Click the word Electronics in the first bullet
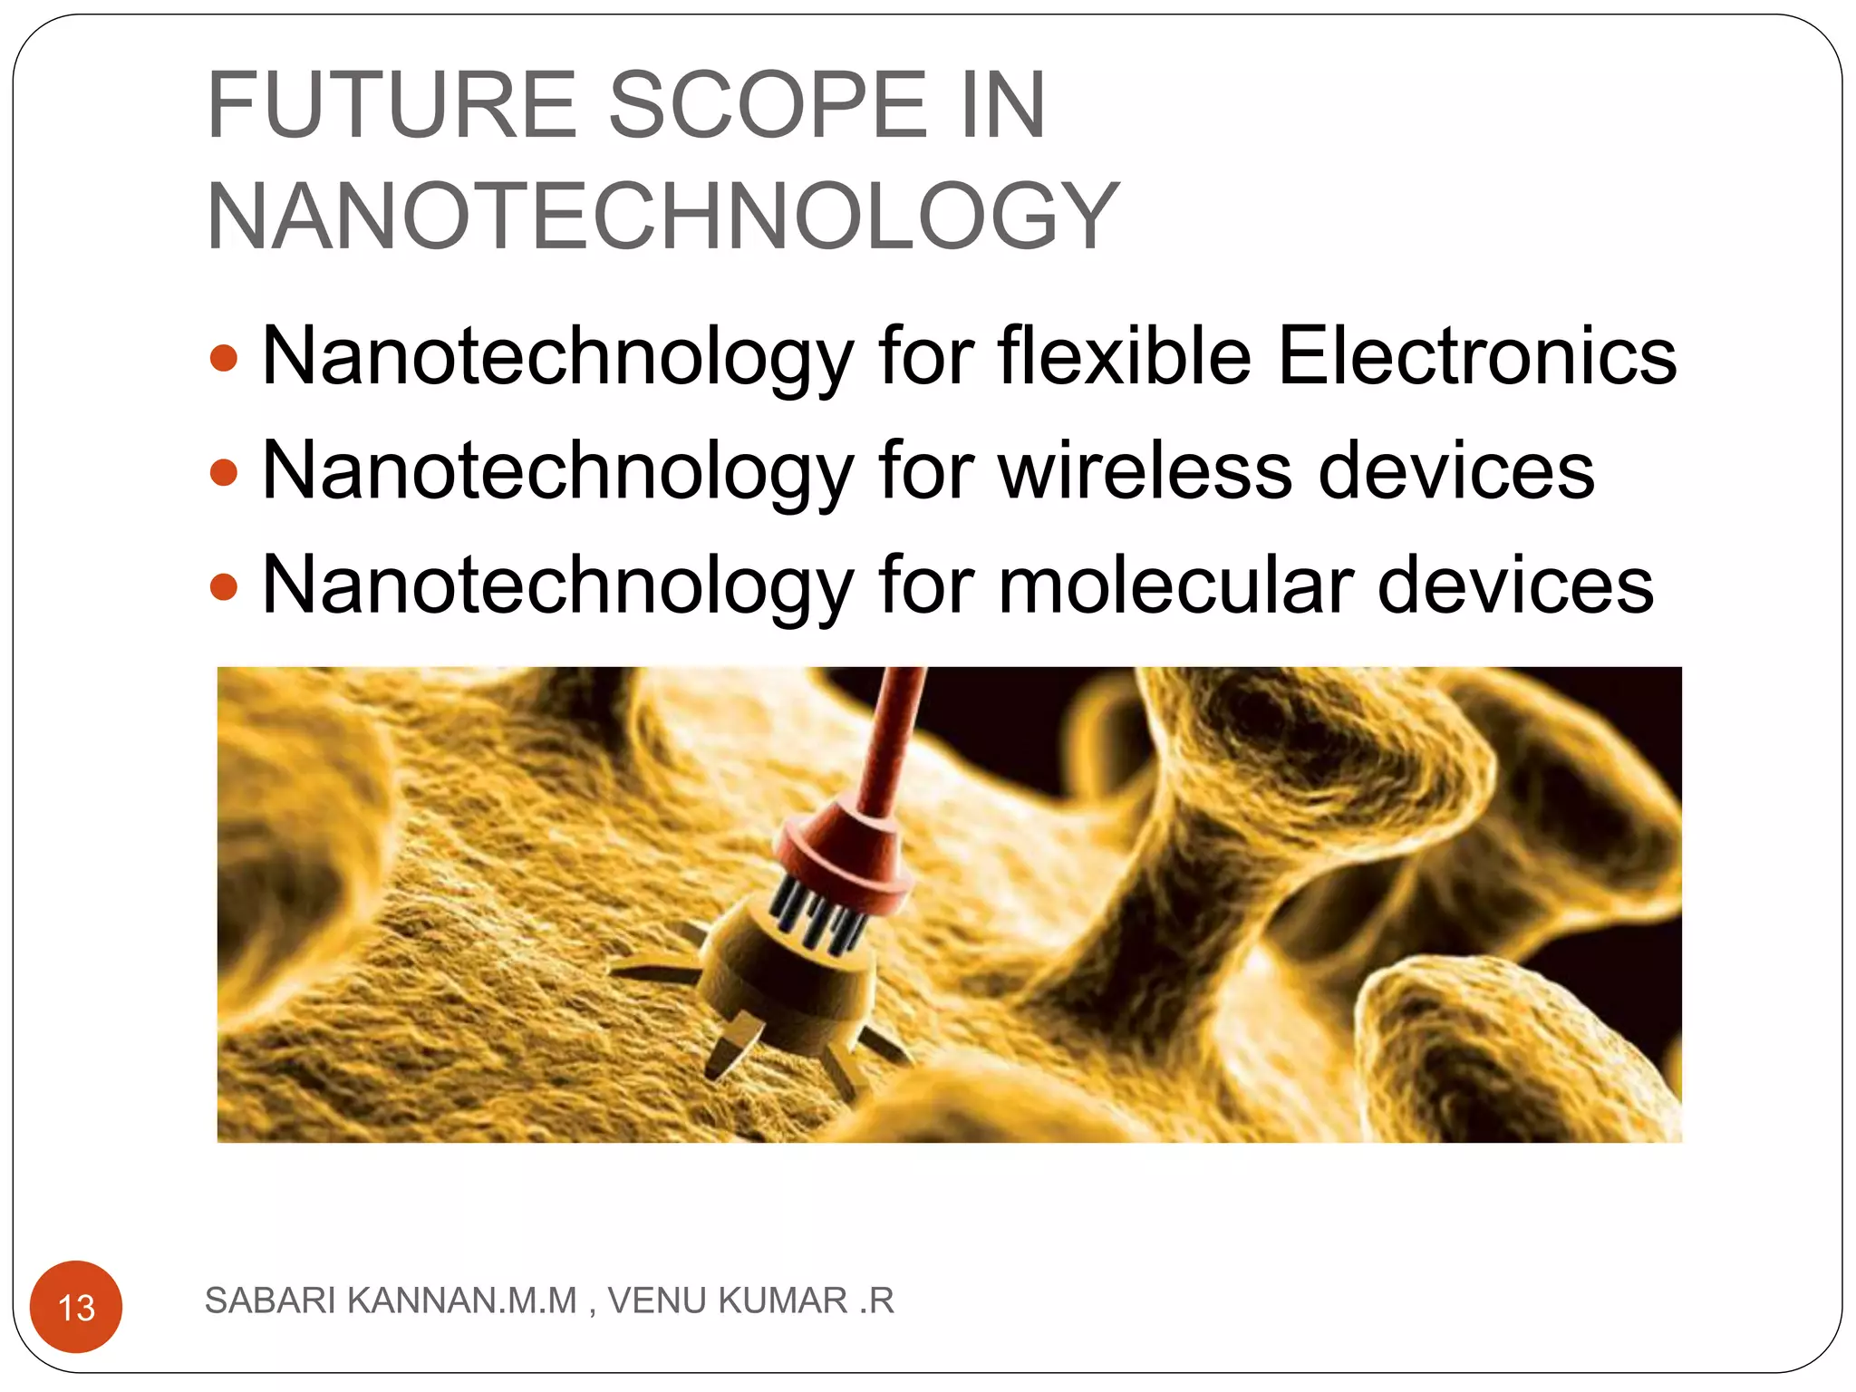tap(1476, 356)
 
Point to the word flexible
tap(1125, 356)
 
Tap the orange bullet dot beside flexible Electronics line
tap(223, 358)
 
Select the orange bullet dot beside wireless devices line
tap(223, 472)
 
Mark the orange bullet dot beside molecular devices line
tap(223, 587)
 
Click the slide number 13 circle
tap(76, 1307)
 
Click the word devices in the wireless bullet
tap(1455, 470)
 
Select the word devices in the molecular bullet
tap(1515, 585)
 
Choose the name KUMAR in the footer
tap(782, 1300)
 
